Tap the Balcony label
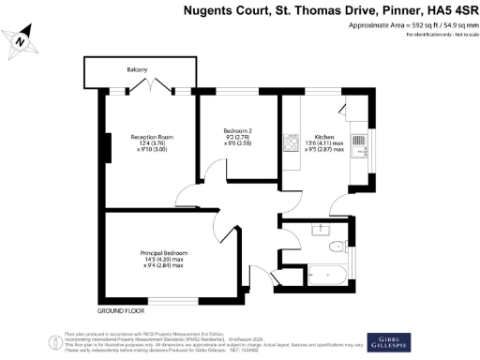tap(138, 70)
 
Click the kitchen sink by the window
tap(361, 144)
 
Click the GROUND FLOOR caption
tap(122, 309)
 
